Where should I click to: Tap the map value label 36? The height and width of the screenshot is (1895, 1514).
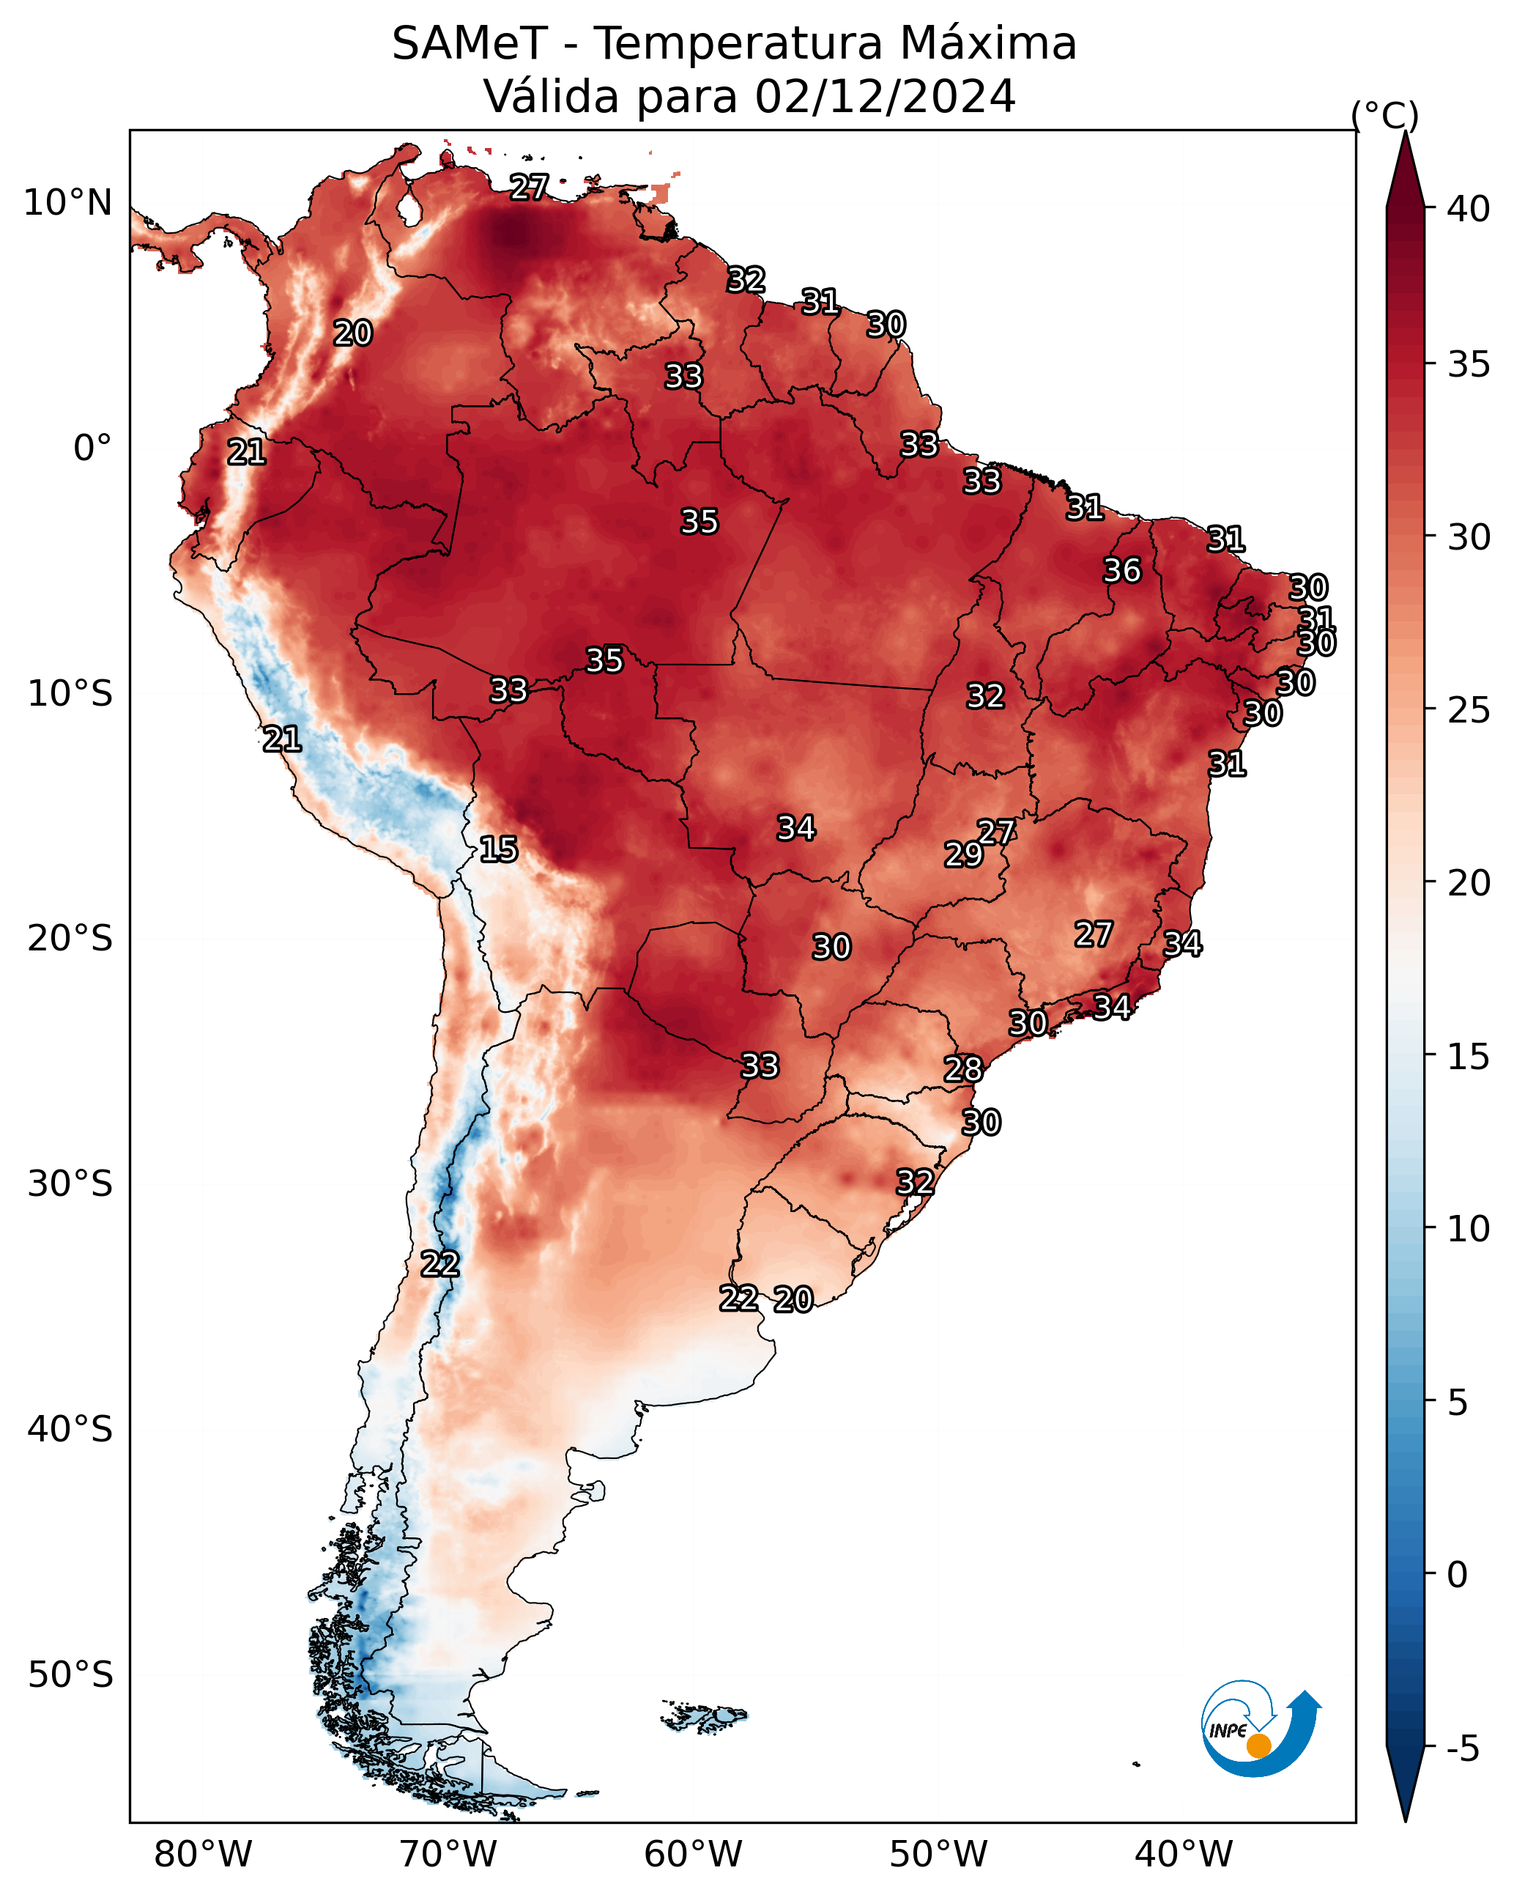coord(1122,570)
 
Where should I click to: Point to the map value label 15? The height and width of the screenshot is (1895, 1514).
coord(498,849)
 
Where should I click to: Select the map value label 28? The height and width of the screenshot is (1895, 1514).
coord(963,1069)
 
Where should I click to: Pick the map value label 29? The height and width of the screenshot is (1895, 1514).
coord(963,854)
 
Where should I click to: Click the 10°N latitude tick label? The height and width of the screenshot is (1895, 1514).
coord(67,203)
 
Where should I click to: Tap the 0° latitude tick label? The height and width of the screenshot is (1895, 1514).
coord(93,448)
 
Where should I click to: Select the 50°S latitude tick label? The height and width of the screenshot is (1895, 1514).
coord(70,1675)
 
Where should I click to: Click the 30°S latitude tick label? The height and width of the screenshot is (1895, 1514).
coord(70,1184)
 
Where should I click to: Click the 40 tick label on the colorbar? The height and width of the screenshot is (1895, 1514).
coord(1469,209)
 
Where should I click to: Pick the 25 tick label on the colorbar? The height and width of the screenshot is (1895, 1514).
coord(1469,709)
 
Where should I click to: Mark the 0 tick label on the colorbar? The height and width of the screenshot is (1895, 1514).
coord(1457,1575)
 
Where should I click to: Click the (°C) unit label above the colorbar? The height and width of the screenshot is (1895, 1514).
coord(1385,115)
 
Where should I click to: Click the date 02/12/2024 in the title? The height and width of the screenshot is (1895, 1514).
coord(885,96)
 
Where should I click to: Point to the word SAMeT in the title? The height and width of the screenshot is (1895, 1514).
coord(470,43)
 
